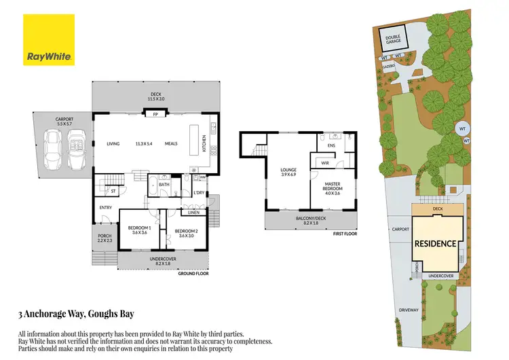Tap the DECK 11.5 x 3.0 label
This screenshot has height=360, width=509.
155,96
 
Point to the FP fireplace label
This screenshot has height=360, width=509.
155,115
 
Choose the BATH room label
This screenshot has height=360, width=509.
164,184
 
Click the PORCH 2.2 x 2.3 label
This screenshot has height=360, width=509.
105,238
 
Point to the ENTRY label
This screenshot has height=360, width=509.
105,207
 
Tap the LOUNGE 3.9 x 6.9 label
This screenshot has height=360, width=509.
288,172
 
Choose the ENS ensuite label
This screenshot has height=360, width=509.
332,145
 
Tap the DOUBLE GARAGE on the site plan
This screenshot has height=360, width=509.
394,39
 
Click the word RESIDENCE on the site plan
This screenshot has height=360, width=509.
436,242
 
